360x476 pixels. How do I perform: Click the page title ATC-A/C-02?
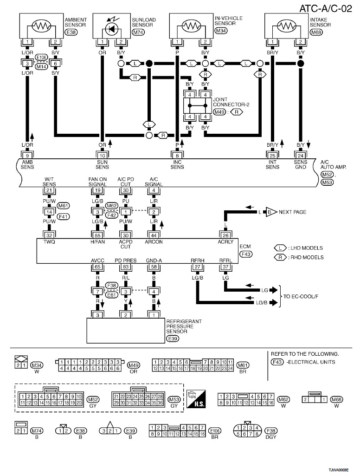pos(325,8)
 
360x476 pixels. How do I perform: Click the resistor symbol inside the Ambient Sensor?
pos(41,26)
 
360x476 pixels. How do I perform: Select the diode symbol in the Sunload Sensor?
pos(112,29)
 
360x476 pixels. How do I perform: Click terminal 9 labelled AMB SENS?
pos(27,156)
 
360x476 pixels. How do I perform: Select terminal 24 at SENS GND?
pos(300,156)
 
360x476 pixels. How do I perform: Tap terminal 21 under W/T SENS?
pos(49,190)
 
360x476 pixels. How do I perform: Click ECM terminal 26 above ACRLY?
pos(225,235)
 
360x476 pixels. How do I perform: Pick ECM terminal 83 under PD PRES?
pos(126,267)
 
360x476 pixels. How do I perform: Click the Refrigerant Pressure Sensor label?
pos(184,326)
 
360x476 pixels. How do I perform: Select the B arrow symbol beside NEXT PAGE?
pos(271,212)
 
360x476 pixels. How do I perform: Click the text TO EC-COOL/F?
pos(301,296)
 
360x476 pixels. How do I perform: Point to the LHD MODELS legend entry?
pos(298,248)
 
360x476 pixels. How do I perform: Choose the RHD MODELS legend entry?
pos(299,257)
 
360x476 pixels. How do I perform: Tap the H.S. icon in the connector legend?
pos(196,398)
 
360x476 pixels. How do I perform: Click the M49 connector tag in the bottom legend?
pos(133,365)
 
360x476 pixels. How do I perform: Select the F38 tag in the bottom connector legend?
pos(271,431)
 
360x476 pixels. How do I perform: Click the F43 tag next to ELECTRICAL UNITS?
pos(277,362)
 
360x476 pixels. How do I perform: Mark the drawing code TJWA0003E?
pos(339,470)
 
